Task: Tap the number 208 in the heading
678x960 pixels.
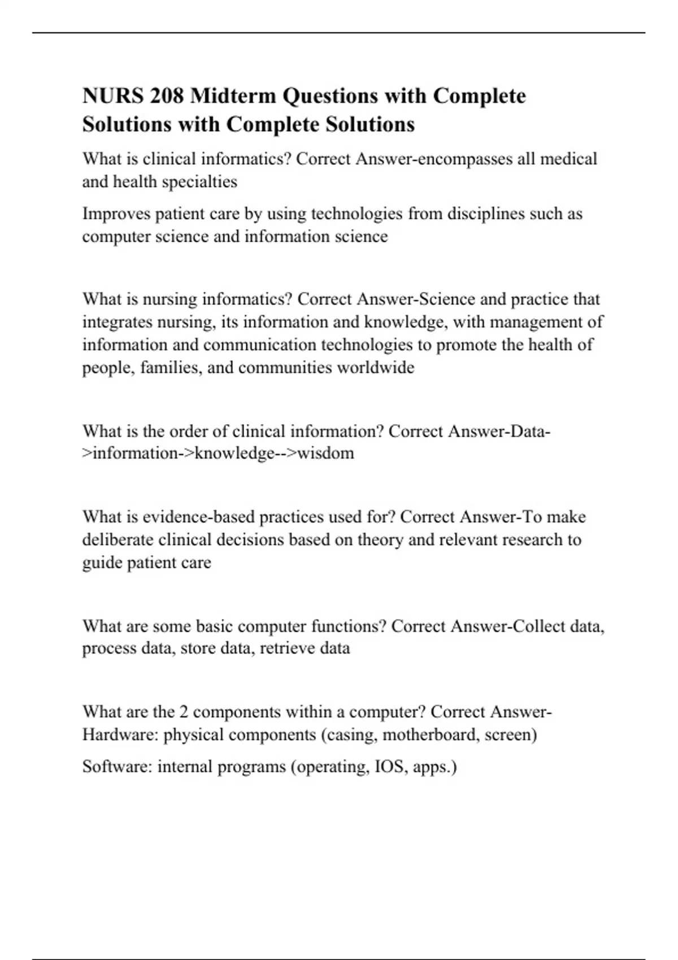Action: pos(167,96)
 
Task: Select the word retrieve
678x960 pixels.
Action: pos(287,648)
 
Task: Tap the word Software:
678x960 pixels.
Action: pos(117,767)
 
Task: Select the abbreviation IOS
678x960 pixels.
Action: pos(390,767)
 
